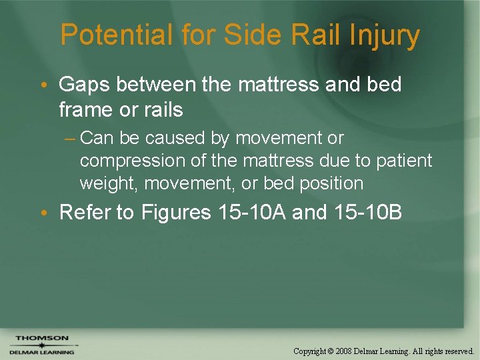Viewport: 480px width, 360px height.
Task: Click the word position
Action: [331, 183]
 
